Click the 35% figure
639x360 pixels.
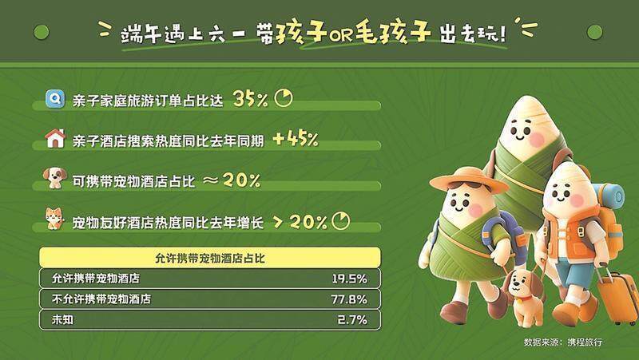click(250, 99)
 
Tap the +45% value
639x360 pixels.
click(296, 139)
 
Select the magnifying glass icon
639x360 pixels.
click(55, 98)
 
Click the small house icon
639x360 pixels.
click(55, 138)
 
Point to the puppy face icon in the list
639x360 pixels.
click(54, 177)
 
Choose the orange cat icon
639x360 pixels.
click(54, 218)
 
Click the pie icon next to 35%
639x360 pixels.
click(284, 98)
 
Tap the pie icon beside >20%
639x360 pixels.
click(341, 221)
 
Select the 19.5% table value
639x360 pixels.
click(349, 279)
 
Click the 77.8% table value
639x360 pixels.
click(349, 299)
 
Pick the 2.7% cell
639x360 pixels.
click(352, 319)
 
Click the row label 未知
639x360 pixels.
click(62, 319)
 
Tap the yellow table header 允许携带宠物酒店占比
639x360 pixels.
click(210, 258)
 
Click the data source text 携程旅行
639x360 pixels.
click(585, 342)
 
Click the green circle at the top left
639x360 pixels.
click(42, 32)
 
